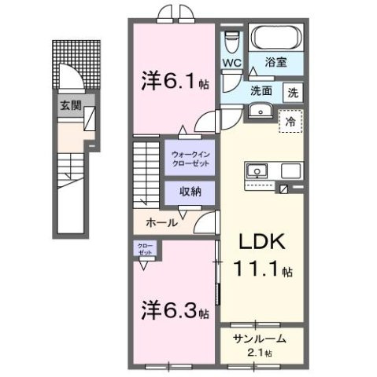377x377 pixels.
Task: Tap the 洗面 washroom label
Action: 262,91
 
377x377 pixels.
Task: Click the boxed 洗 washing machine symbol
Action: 293,91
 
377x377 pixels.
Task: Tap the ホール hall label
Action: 161,223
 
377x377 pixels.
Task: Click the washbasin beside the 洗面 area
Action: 257,111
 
